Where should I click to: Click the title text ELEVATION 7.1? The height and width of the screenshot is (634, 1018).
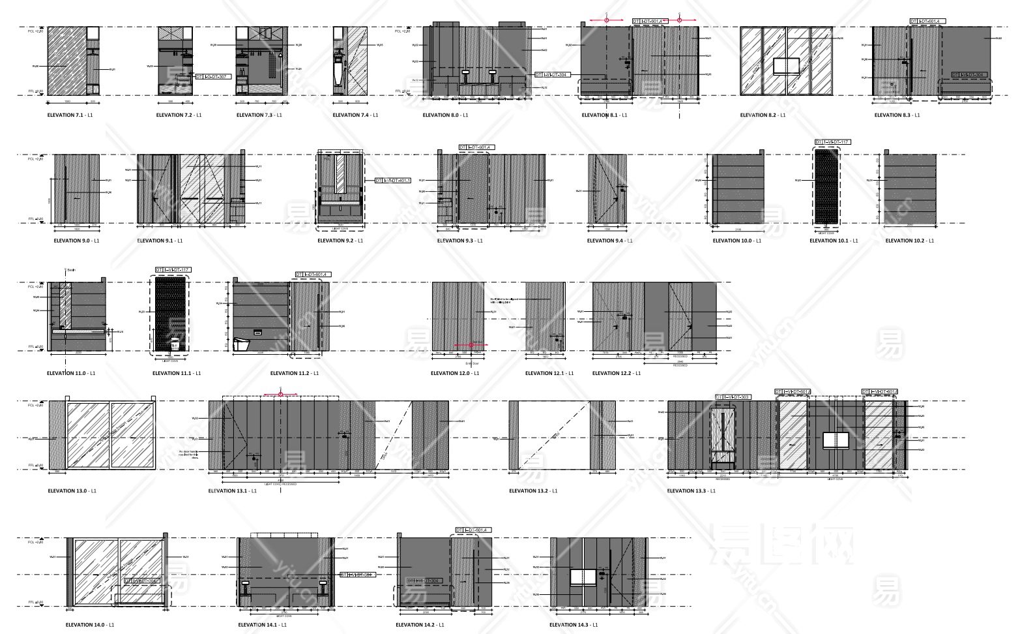65,115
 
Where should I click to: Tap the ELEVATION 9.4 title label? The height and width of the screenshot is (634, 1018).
609,241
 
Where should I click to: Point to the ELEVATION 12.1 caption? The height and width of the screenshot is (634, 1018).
549,373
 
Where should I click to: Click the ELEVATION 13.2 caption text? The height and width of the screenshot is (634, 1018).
533,491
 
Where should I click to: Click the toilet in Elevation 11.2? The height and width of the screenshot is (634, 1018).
242,343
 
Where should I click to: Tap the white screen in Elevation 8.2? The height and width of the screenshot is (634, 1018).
787,66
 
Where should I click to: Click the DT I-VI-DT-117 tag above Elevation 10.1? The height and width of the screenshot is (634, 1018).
833,142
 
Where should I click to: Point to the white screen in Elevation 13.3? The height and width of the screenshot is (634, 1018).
836,440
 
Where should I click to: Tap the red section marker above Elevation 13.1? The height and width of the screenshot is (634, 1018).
280,394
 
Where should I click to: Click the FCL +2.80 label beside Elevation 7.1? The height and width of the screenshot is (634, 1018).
36,31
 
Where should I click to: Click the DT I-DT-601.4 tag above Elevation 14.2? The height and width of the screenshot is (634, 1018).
473,530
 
